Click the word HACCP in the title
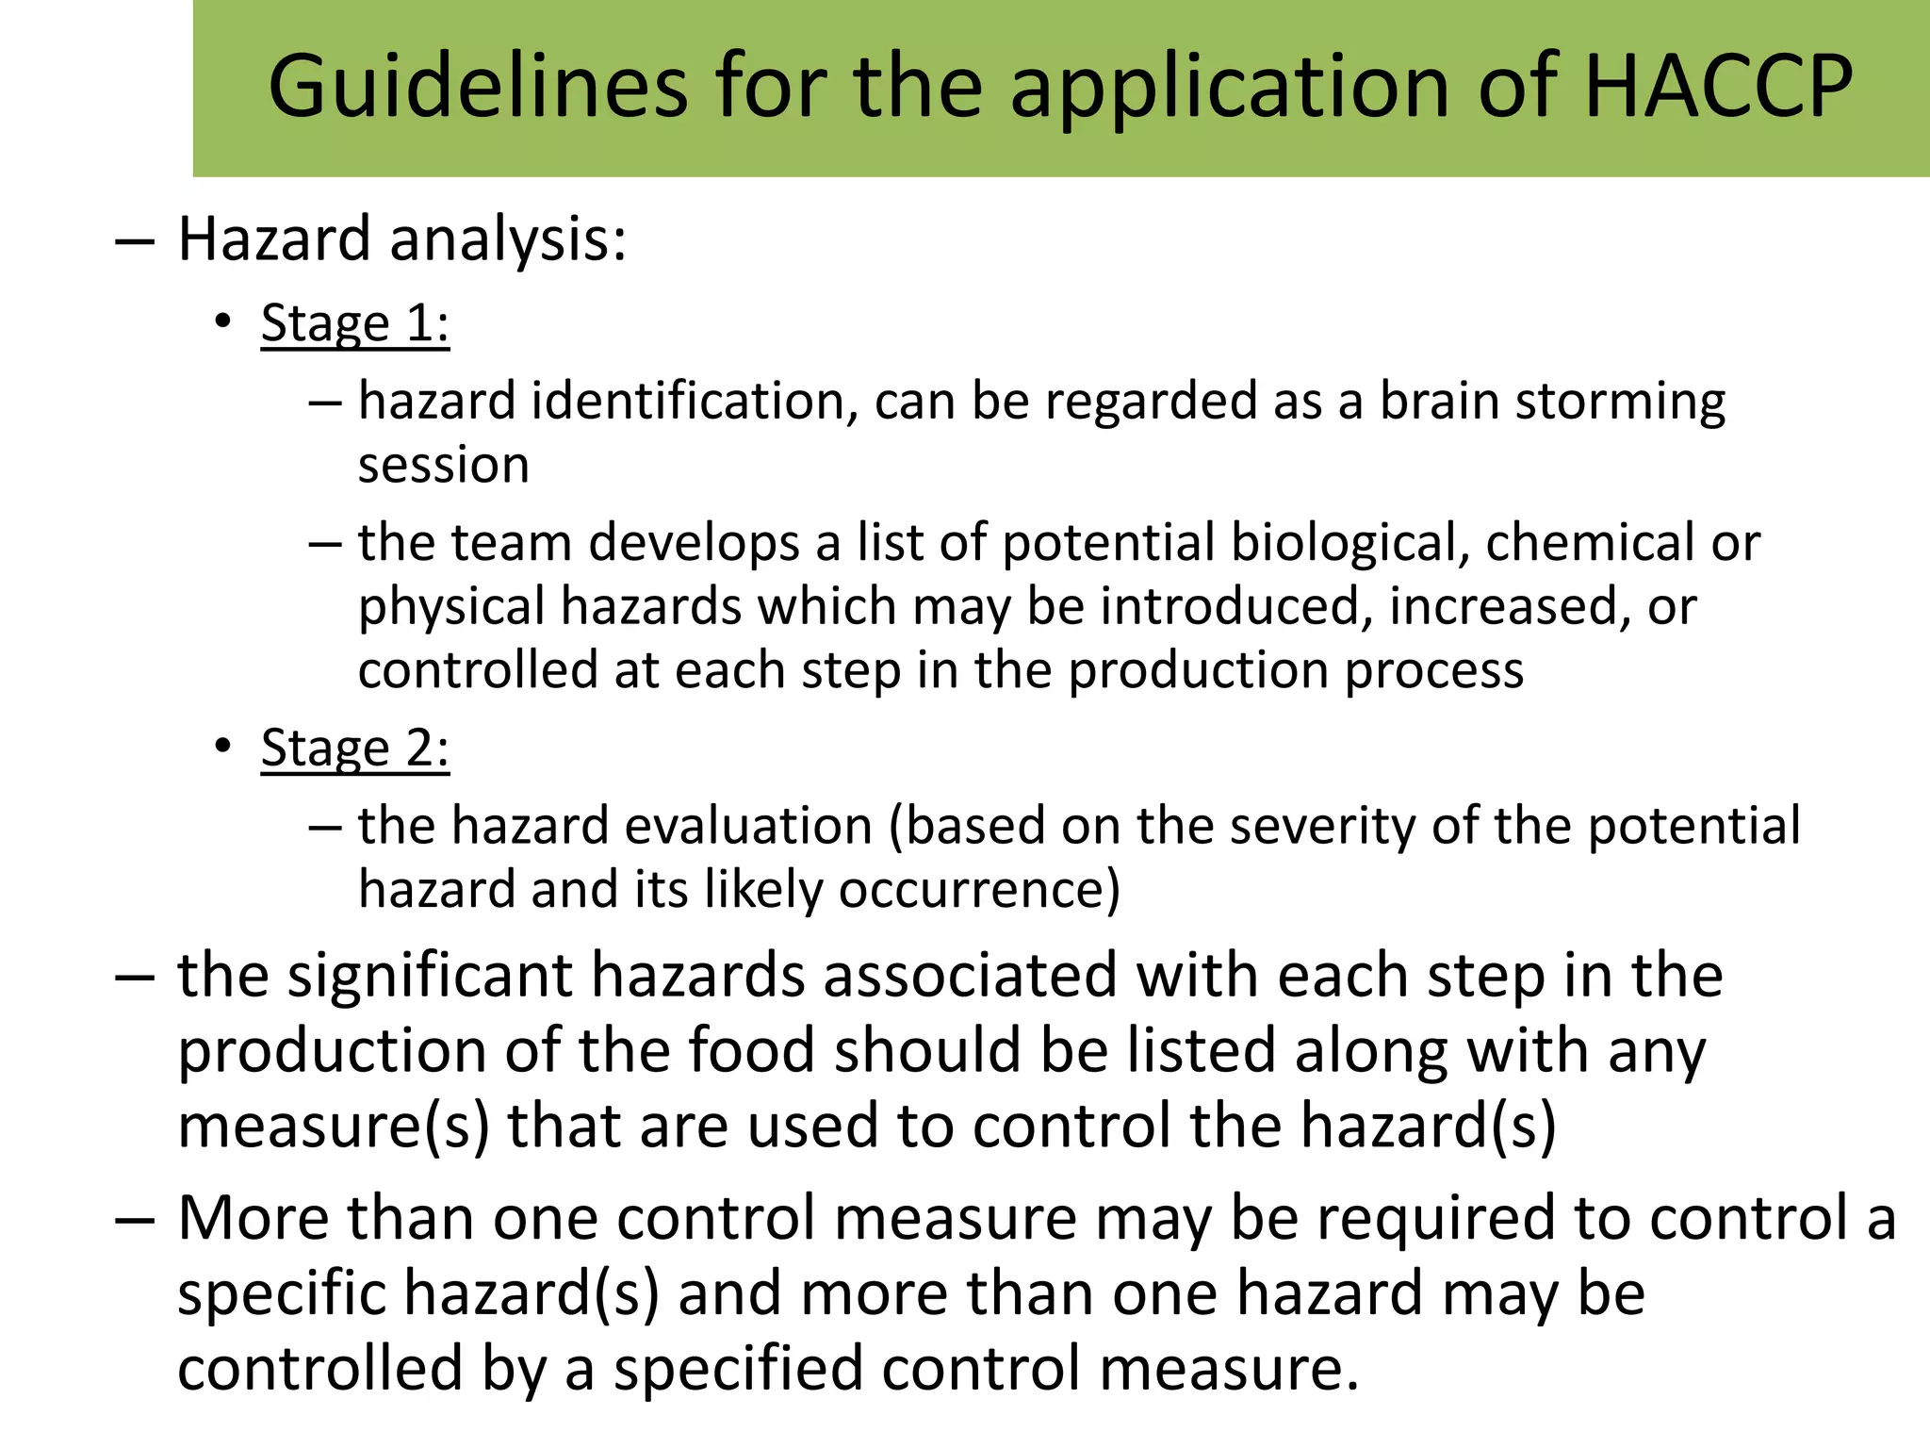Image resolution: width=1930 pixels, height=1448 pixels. [1718, 88]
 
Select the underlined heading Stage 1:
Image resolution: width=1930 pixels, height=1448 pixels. [355, 323]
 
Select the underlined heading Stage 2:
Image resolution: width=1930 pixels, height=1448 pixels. [355, 749]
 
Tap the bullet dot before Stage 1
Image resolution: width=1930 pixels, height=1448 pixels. [222, 322]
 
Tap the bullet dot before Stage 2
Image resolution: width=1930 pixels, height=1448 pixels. [222, 748]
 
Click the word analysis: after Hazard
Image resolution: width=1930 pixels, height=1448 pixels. [508, 240]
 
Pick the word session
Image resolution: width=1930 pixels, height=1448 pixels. [444, 466]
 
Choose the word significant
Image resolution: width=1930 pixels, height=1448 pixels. [431, 976]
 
